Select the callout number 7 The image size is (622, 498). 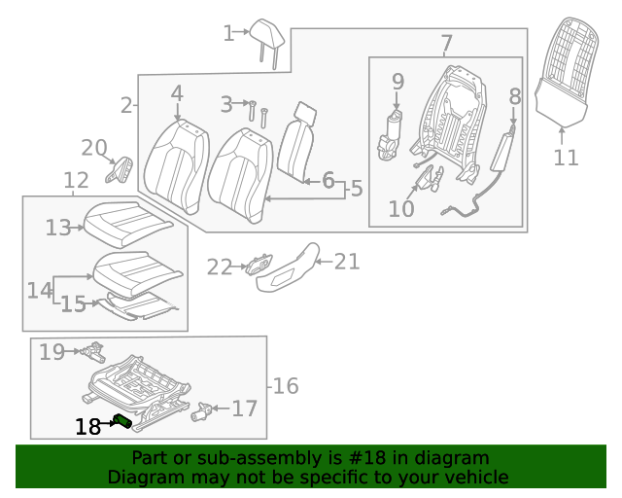446,44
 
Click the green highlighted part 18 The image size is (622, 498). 122,420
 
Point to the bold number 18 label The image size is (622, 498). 87,426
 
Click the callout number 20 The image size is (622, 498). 93,149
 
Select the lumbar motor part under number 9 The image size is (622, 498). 394,134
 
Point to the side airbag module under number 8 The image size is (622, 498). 506,155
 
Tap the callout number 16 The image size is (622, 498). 285,386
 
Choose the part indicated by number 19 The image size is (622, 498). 92,350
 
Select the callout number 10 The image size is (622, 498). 401,208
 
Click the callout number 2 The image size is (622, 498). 126,105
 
